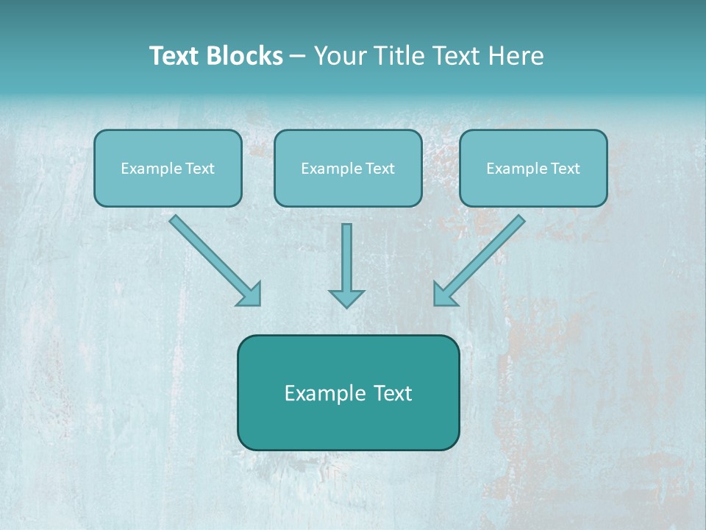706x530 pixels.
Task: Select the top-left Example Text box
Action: [x=168, y=168]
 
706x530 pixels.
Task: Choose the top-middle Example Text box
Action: [x=348, y=168]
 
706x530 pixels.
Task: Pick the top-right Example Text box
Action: [x=533, y=168]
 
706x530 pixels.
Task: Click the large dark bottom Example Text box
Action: [x=348, y=392]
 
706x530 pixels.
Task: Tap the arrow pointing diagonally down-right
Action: [x=213, y=259]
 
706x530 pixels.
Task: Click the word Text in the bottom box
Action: [x=393, y=393]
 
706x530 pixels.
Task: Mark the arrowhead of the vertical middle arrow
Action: [x=346, y=297]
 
